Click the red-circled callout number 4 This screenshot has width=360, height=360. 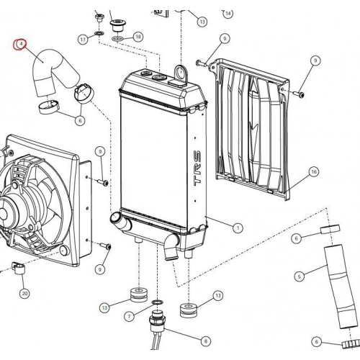tap(20, 44)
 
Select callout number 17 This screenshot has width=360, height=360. tap(83, 39)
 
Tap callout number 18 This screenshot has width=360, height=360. tap(138, 37)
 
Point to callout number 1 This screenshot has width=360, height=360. tap(238, 228)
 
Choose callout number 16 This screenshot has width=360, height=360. tap(314, 172)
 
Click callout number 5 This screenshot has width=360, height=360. tap(299, 276)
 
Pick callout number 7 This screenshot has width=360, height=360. tap(130, 316)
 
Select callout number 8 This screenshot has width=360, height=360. tap(205, 341)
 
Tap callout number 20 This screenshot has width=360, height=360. tap(24, 293)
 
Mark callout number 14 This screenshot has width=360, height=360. tap(228, 13)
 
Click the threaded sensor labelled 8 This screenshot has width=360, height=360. tap(158, 320)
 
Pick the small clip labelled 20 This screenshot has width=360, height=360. tap(18, 268)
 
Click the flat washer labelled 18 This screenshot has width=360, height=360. tap(117, 38)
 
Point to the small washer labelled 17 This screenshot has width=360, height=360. tap(99, 33)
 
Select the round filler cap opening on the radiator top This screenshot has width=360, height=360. tap(158, 77)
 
